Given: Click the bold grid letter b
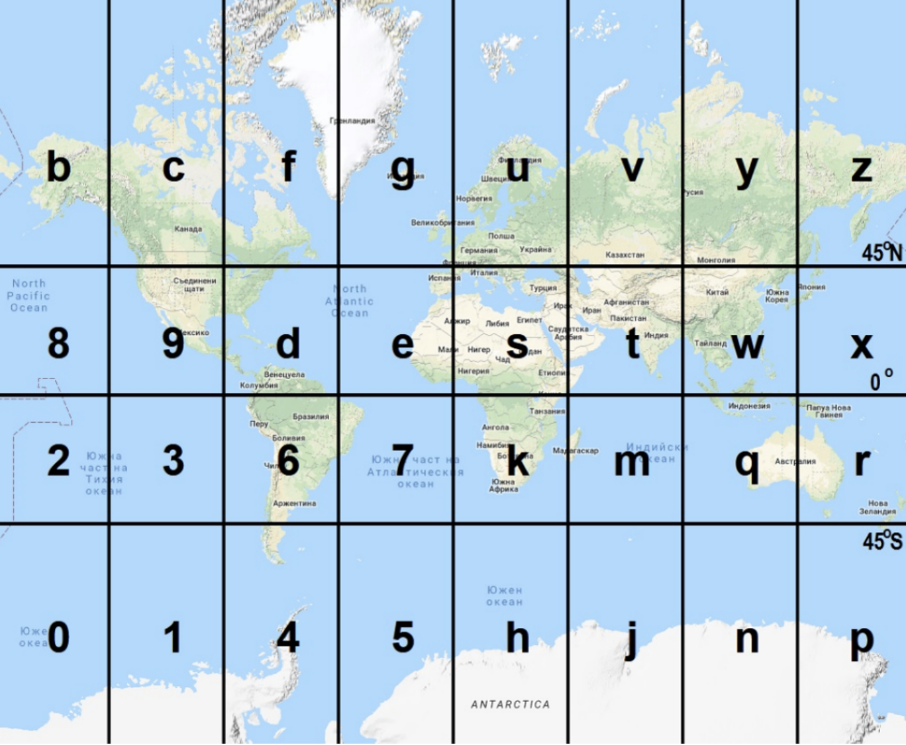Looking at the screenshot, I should coord(58,167).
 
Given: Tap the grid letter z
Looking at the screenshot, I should coord(861,169).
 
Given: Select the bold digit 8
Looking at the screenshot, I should coord(58,343).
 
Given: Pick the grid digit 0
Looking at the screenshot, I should coord(58,637).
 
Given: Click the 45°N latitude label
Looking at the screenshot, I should coord(881,252).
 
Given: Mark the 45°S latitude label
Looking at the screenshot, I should coord(881,541).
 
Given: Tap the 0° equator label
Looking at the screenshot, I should coord(881,380).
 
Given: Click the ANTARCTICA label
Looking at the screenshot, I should coord(510,705).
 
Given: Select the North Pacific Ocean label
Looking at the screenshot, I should coord(28,295).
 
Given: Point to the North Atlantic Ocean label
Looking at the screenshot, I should coord(349,301).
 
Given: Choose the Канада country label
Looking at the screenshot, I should coord(188,229).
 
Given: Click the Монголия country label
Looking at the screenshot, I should coord(716,260).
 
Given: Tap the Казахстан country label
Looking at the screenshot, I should coord(625,255).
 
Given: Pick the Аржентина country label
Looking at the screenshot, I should coord(295,504).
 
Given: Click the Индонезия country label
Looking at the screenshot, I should coord(749,406).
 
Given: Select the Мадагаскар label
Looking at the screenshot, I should coord(575,451).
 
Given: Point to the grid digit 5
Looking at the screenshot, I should coord(403,637).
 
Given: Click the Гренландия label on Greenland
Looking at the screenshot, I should coord(352,121).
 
